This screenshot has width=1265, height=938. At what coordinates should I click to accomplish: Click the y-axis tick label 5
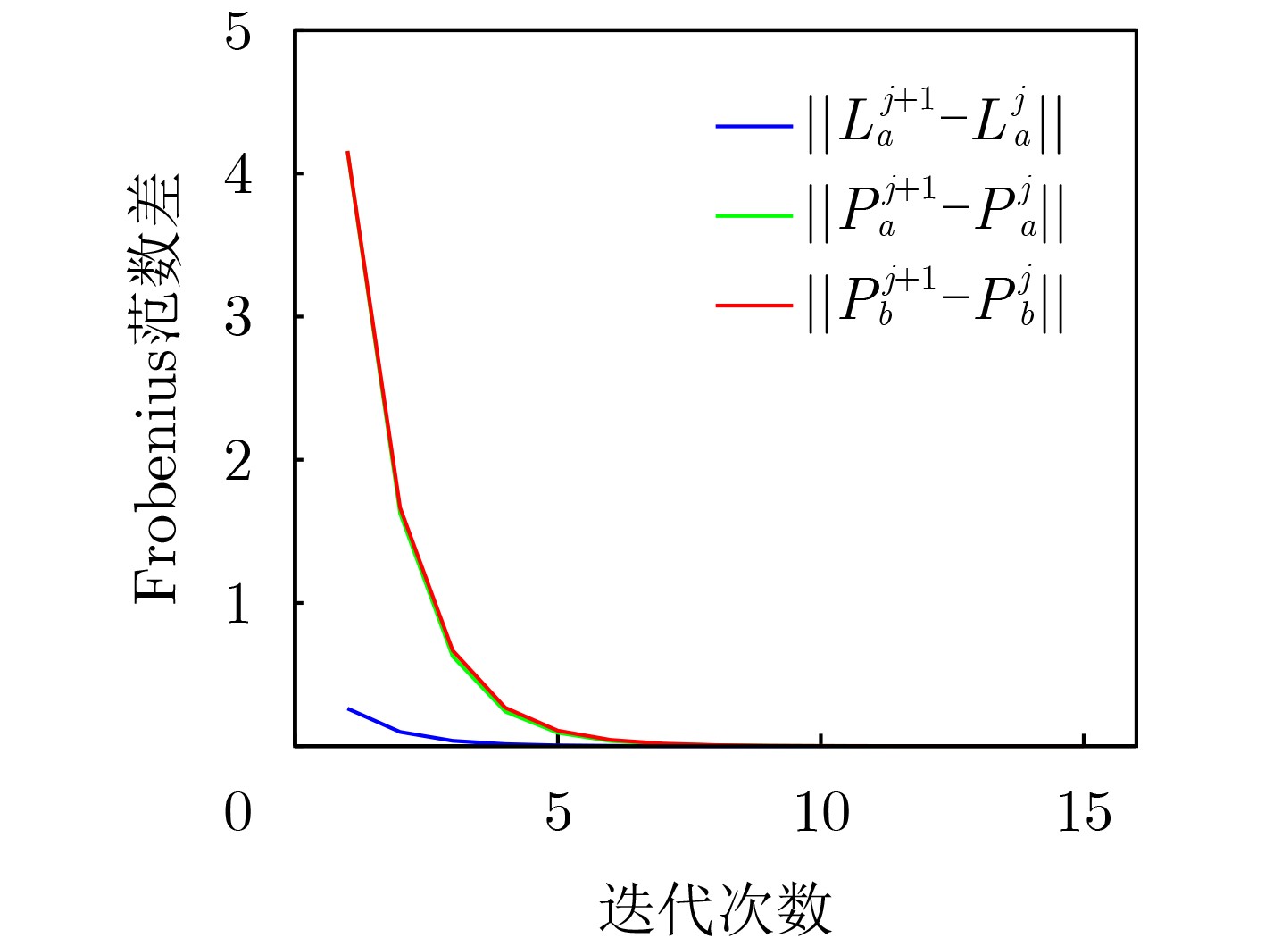[x=238, y=33]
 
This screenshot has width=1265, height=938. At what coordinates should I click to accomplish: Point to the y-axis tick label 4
[x=238, y=174]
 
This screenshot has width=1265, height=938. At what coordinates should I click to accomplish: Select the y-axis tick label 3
[x=238, y=317]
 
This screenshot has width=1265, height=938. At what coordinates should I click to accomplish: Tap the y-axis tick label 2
[x=238, y=461]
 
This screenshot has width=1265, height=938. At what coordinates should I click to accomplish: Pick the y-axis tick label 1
[x=238, y=604]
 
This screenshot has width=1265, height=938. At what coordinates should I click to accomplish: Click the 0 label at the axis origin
[x=238, y=813]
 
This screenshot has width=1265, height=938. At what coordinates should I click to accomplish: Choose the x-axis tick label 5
[x=558, y=813]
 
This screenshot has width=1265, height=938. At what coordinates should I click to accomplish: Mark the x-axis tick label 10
[x=821, y=813]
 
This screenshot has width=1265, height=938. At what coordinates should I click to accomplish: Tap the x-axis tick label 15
[x=1084, y=813]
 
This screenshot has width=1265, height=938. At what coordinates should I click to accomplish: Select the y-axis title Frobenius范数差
[x=157, y=389]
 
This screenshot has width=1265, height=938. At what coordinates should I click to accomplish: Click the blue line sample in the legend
[x=754, y=127]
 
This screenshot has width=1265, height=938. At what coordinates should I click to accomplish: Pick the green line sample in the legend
[x=754, y=215]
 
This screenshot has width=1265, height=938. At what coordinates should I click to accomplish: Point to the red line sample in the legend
[x=754, y=306]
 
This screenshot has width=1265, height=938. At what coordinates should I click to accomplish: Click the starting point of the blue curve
[x=348, y=708]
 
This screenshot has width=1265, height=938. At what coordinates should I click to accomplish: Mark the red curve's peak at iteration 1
[x=347, y=152]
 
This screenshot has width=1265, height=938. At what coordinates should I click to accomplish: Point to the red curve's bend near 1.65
[x=400, y=508]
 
